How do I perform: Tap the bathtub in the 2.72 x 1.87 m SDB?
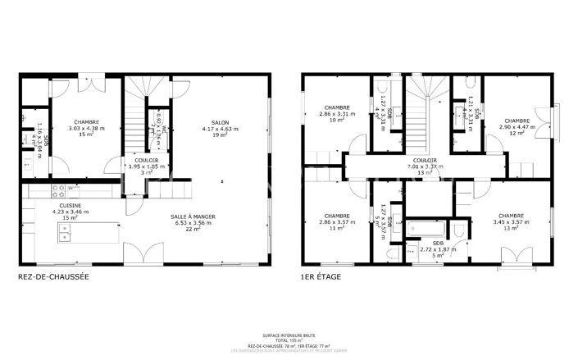[x=427, y=226]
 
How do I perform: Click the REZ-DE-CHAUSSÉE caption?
[x=53, y=277]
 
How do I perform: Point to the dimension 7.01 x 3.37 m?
[x=425, y=166]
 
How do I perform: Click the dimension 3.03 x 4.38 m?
[x=80, y=129]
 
